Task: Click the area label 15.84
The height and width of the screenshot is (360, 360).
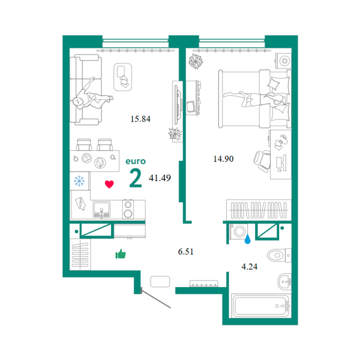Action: [140, 119]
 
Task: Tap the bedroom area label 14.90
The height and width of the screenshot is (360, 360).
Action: [224, 159]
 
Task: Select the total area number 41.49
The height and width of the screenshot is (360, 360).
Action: [160, 178]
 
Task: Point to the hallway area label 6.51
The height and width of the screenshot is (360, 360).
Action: [186, 252]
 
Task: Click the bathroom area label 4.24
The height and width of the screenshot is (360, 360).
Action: [249, 267]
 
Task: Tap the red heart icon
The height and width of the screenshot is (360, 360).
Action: [109, 184]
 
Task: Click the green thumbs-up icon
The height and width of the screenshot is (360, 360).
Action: [120, 254]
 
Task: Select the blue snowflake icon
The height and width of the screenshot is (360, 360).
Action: [79, 181]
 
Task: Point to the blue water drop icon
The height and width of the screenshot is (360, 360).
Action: [247, 239]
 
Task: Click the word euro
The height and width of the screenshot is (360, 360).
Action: [135, 161]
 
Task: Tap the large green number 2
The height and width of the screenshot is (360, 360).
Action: [135, 178]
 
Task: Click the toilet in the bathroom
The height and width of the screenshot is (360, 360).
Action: [279, 255]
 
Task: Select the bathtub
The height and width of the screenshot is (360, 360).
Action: [261, 306]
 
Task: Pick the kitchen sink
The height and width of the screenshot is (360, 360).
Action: [101, 209]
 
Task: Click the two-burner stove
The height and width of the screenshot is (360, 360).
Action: [128, 209]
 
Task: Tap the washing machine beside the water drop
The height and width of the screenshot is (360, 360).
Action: [239, 232]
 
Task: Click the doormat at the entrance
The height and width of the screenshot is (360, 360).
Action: [160, 281]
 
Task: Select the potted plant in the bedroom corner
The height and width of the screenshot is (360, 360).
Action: [195, 61]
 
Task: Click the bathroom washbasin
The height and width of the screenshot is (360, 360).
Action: [285, 281]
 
